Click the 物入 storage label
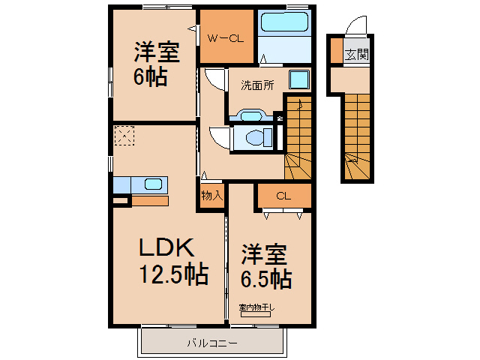(x=211, y=196)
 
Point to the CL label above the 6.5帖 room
(x=283, y=196)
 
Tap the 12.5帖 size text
(x=173, y=274)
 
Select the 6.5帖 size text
(x=266, y=279)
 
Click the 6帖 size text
(x=151, y=76)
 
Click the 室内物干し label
(x=256, y=307)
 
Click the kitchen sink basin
(x=152, y=184)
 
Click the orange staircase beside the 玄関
(x=357, y=135)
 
